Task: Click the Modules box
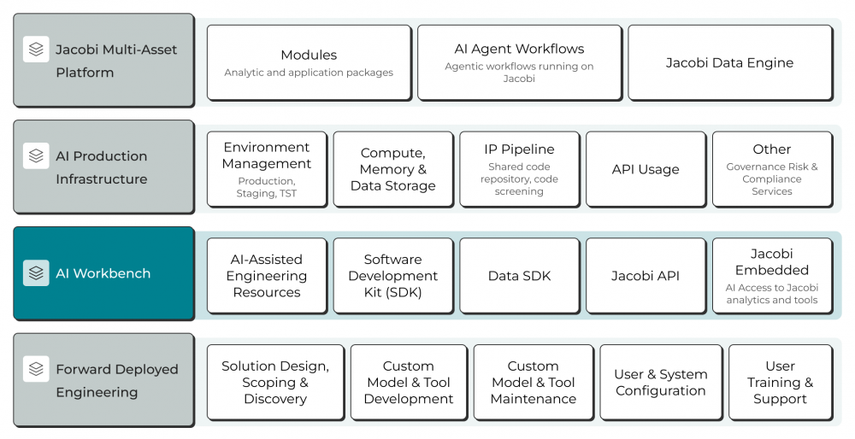coord(310,62)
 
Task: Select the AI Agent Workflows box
coord(520,62)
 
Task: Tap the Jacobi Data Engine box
coord(730,62)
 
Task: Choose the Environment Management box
coord(267,169)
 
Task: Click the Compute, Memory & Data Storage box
coord(393,169)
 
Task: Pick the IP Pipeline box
coord(520,169)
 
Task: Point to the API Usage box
coord(646,169)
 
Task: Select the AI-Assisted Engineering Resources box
coord(267,276)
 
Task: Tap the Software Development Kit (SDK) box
coord(393,276)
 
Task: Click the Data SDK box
coord(520,276)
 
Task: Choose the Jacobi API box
coord(646,276)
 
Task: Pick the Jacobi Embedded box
coord(772,276)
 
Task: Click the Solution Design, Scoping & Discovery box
coord(275,383)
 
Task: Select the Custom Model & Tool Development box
coord(409,383)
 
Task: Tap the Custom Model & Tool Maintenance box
coord(534,383)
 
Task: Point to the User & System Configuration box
coord(661,383)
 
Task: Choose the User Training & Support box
coord(781,383)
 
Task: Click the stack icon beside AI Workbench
coord(36,272)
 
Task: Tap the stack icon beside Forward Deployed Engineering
coord(36,369)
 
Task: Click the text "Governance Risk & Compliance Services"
coord(772,179)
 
